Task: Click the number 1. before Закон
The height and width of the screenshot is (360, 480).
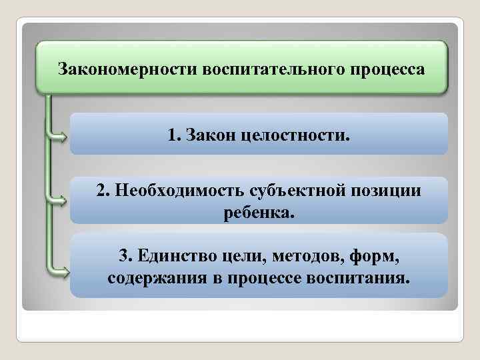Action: pyautogui.click(x=175, y=136)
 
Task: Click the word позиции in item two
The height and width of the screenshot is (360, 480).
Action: pyautogui.click(x=388, y=191)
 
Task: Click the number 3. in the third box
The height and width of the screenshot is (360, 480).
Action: pyautogui.click(x=125, y=256)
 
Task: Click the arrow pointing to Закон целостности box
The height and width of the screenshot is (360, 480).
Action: pyautogui.click(x=59, y=138)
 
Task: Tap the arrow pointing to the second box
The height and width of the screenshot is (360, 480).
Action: pyautogui.click(x=59, y=198)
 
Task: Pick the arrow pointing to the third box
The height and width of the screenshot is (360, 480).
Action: pyautogui.click(x=59, y=270)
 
